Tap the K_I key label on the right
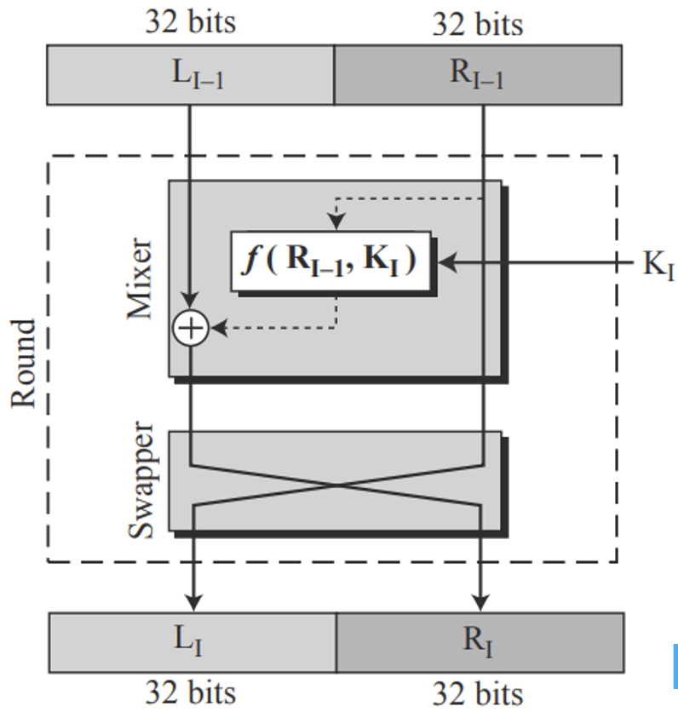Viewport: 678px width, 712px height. coord(658,266)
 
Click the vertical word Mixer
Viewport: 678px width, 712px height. coord(140,279)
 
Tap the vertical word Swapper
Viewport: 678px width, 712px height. coord(142,481)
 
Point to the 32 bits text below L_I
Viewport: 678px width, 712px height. coord(190,692)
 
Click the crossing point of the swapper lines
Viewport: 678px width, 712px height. coord(339,485)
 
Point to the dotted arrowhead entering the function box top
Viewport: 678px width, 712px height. coord(338,223)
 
